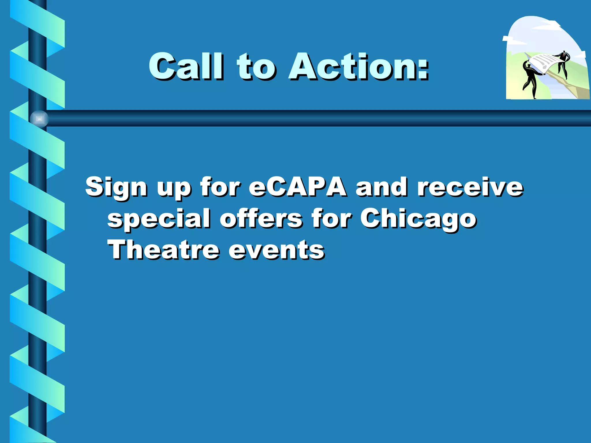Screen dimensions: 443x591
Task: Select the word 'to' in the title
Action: click(256, 67)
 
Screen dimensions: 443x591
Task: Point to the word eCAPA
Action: click(298, 187)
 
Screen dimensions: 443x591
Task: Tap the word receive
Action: click(470, 187)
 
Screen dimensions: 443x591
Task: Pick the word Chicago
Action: click(418, 219)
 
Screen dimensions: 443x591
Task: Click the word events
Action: click(276, 250)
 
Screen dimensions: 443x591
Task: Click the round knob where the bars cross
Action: click(39, 119)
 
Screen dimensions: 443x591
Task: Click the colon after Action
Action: click(423, 69)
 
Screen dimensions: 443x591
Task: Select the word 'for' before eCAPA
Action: click(220, 187)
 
